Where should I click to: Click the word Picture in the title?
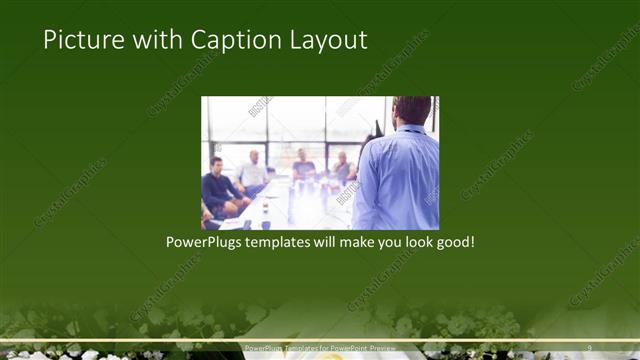pos(80,40)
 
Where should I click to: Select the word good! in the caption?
pos(452,242)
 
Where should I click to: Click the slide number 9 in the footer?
pos(590,348)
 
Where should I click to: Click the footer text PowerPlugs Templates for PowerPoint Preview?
pos(320,348)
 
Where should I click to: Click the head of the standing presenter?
pos(411,110)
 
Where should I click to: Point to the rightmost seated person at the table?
pos(341,167)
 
